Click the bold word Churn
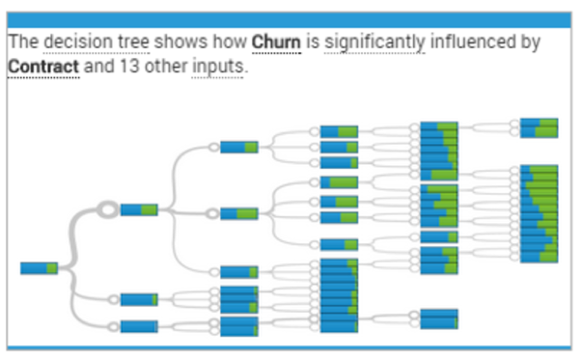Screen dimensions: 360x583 pyautogui.click(x=275, y=43)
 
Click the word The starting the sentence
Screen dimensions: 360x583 pyautogui.click(x=22, y=43)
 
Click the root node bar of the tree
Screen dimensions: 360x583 pyautogui.click(x=39, y=267)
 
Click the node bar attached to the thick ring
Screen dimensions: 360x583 pyautogui.click(x=139, y=209)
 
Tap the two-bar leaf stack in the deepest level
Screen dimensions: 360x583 pyautogui.click(x=539, y=128)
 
